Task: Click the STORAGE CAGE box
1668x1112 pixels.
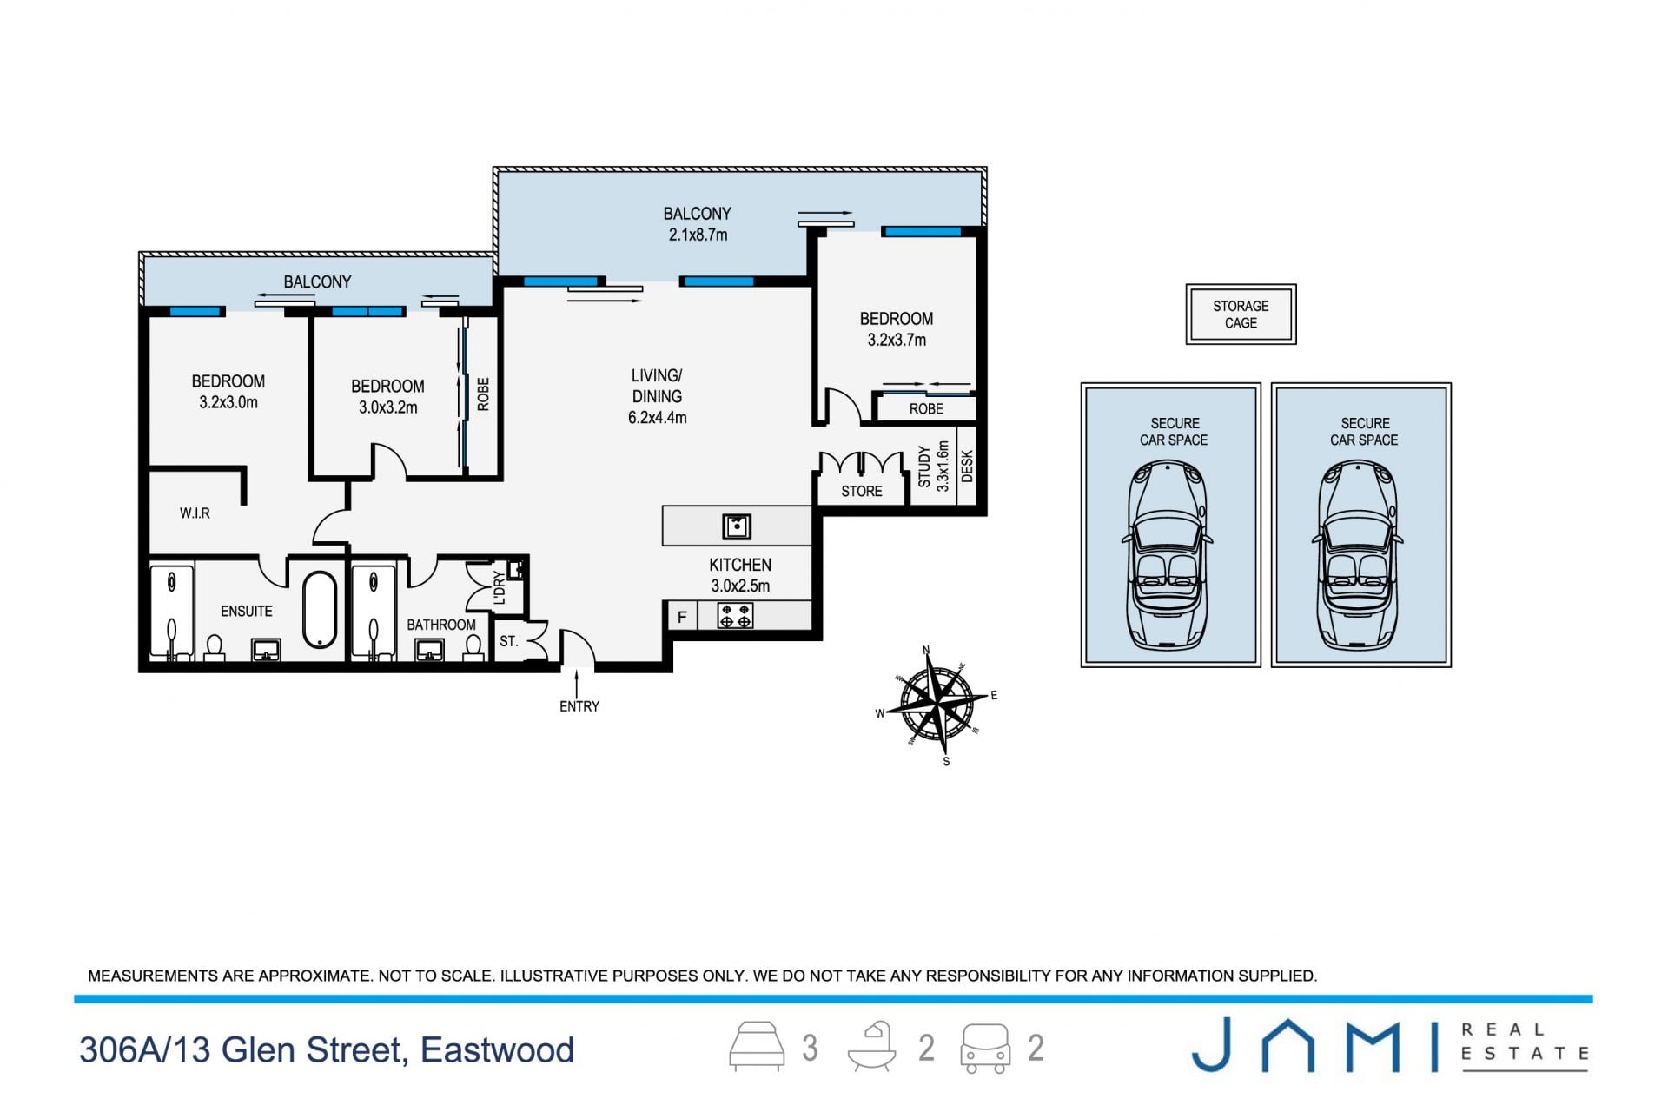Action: pos(1241,314)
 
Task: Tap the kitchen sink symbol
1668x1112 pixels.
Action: pos(737,526)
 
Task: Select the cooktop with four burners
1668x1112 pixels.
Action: pos(735,616)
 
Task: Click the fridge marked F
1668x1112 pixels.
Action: pos(682,617)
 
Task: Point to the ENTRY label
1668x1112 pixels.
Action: pos(579,706)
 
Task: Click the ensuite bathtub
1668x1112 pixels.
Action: pos(320,609)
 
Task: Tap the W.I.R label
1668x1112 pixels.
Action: pos(195,513)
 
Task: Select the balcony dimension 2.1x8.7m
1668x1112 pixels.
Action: pos(698,235)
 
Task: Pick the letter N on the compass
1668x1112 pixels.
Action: pos(926,650)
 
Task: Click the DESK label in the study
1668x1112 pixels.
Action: pos(967,467)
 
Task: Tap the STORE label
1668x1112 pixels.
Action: pos(862,492)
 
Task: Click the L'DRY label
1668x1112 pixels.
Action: pos(499,587)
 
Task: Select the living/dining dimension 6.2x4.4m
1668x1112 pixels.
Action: pos(658,418)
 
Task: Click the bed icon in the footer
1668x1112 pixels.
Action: pos(757,1046)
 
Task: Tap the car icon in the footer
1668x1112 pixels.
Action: pos(985,1048)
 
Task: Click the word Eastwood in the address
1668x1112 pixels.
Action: pos(497,1050)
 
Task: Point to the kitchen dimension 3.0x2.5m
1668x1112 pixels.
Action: pos(740,586)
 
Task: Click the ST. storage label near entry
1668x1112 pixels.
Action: pos(509,642)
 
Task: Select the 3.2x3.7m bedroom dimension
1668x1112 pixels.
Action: pos(897,341)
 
